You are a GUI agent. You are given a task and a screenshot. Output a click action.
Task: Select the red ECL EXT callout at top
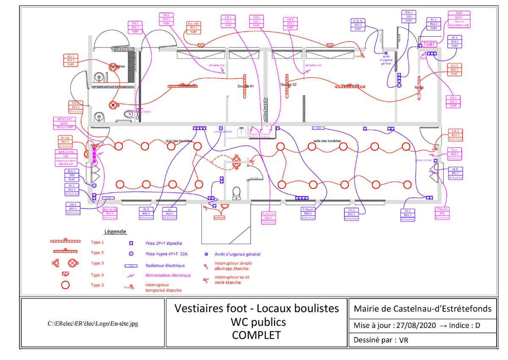[193, 28]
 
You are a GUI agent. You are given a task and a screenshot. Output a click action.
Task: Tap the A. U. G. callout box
[359, 25]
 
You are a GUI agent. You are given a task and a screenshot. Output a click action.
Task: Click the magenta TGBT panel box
[429, 44]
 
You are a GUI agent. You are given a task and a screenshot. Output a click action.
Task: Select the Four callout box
[454, 154]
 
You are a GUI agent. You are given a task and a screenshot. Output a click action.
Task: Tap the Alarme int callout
[110, 213]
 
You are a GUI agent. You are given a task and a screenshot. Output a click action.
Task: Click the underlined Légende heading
[116, 232]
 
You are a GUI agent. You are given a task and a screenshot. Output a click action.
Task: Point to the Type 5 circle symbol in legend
[65, 285]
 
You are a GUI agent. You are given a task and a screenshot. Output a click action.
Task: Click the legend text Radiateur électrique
[165, 266]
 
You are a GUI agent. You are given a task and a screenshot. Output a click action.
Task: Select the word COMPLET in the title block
[256, 335]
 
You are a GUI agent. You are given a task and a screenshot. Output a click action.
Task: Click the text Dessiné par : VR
[381, 340]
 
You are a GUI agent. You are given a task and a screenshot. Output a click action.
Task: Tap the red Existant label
[219, 218]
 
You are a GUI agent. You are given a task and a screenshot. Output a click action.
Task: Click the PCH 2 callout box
[408, 17]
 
